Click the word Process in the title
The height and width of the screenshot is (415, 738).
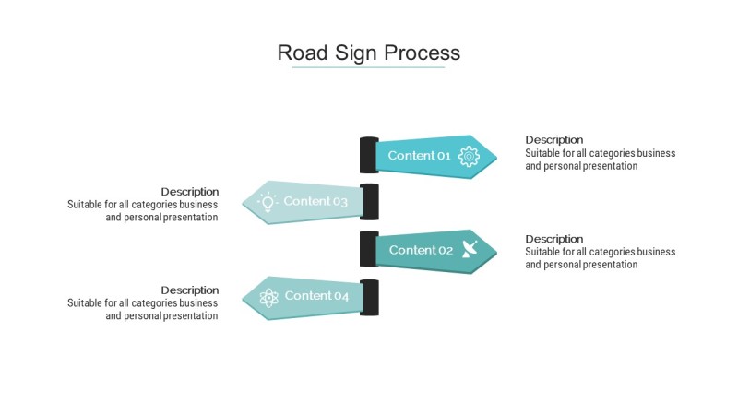coord(422,53)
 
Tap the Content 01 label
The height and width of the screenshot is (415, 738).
coord(419,156)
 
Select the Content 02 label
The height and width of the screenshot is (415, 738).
coord(421,250)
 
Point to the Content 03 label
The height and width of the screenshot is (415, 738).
coord(315,201)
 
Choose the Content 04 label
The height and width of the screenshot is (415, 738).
coord(316,295)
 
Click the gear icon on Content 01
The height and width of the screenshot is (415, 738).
coord(469,156)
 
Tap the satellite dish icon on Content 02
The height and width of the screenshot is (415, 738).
coord(470,249)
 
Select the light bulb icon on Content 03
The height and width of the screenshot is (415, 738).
coord(268,202)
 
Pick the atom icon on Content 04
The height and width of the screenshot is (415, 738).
coord(268,297)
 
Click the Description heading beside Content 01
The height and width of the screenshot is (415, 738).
coord(554,140)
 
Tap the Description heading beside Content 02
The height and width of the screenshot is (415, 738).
coord(554,239)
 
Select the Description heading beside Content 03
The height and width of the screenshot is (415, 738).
coord(190,192)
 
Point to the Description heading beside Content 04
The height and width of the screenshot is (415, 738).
coord(190,290)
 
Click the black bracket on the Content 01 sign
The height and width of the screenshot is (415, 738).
coord(369,155)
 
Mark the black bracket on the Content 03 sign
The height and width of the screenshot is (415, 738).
coord(370,202)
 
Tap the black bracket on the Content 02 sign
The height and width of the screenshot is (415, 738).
coord(369,249)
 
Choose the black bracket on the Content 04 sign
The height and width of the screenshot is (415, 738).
coord(370,297)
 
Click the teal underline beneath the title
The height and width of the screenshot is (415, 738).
coord(368,67)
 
